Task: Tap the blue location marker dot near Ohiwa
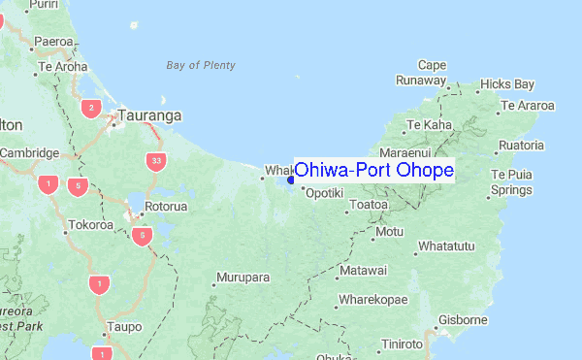(x=291, y=179)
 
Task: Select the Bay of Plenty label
(x=201, y=66)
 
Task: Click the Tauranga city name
(x=151, y=115)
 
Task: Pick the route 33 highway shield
(x=155, y=160)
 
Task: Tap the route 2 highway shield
(x=91, y=108)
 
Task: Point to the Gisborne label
(x=463, y=319)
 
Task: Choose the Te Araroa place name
(x=528, y=105)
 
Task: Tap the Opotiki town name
(x=324, y=193)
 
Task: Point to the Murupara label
(x=242, y=278)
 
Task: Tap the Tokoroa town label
(x=90, y=225)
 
